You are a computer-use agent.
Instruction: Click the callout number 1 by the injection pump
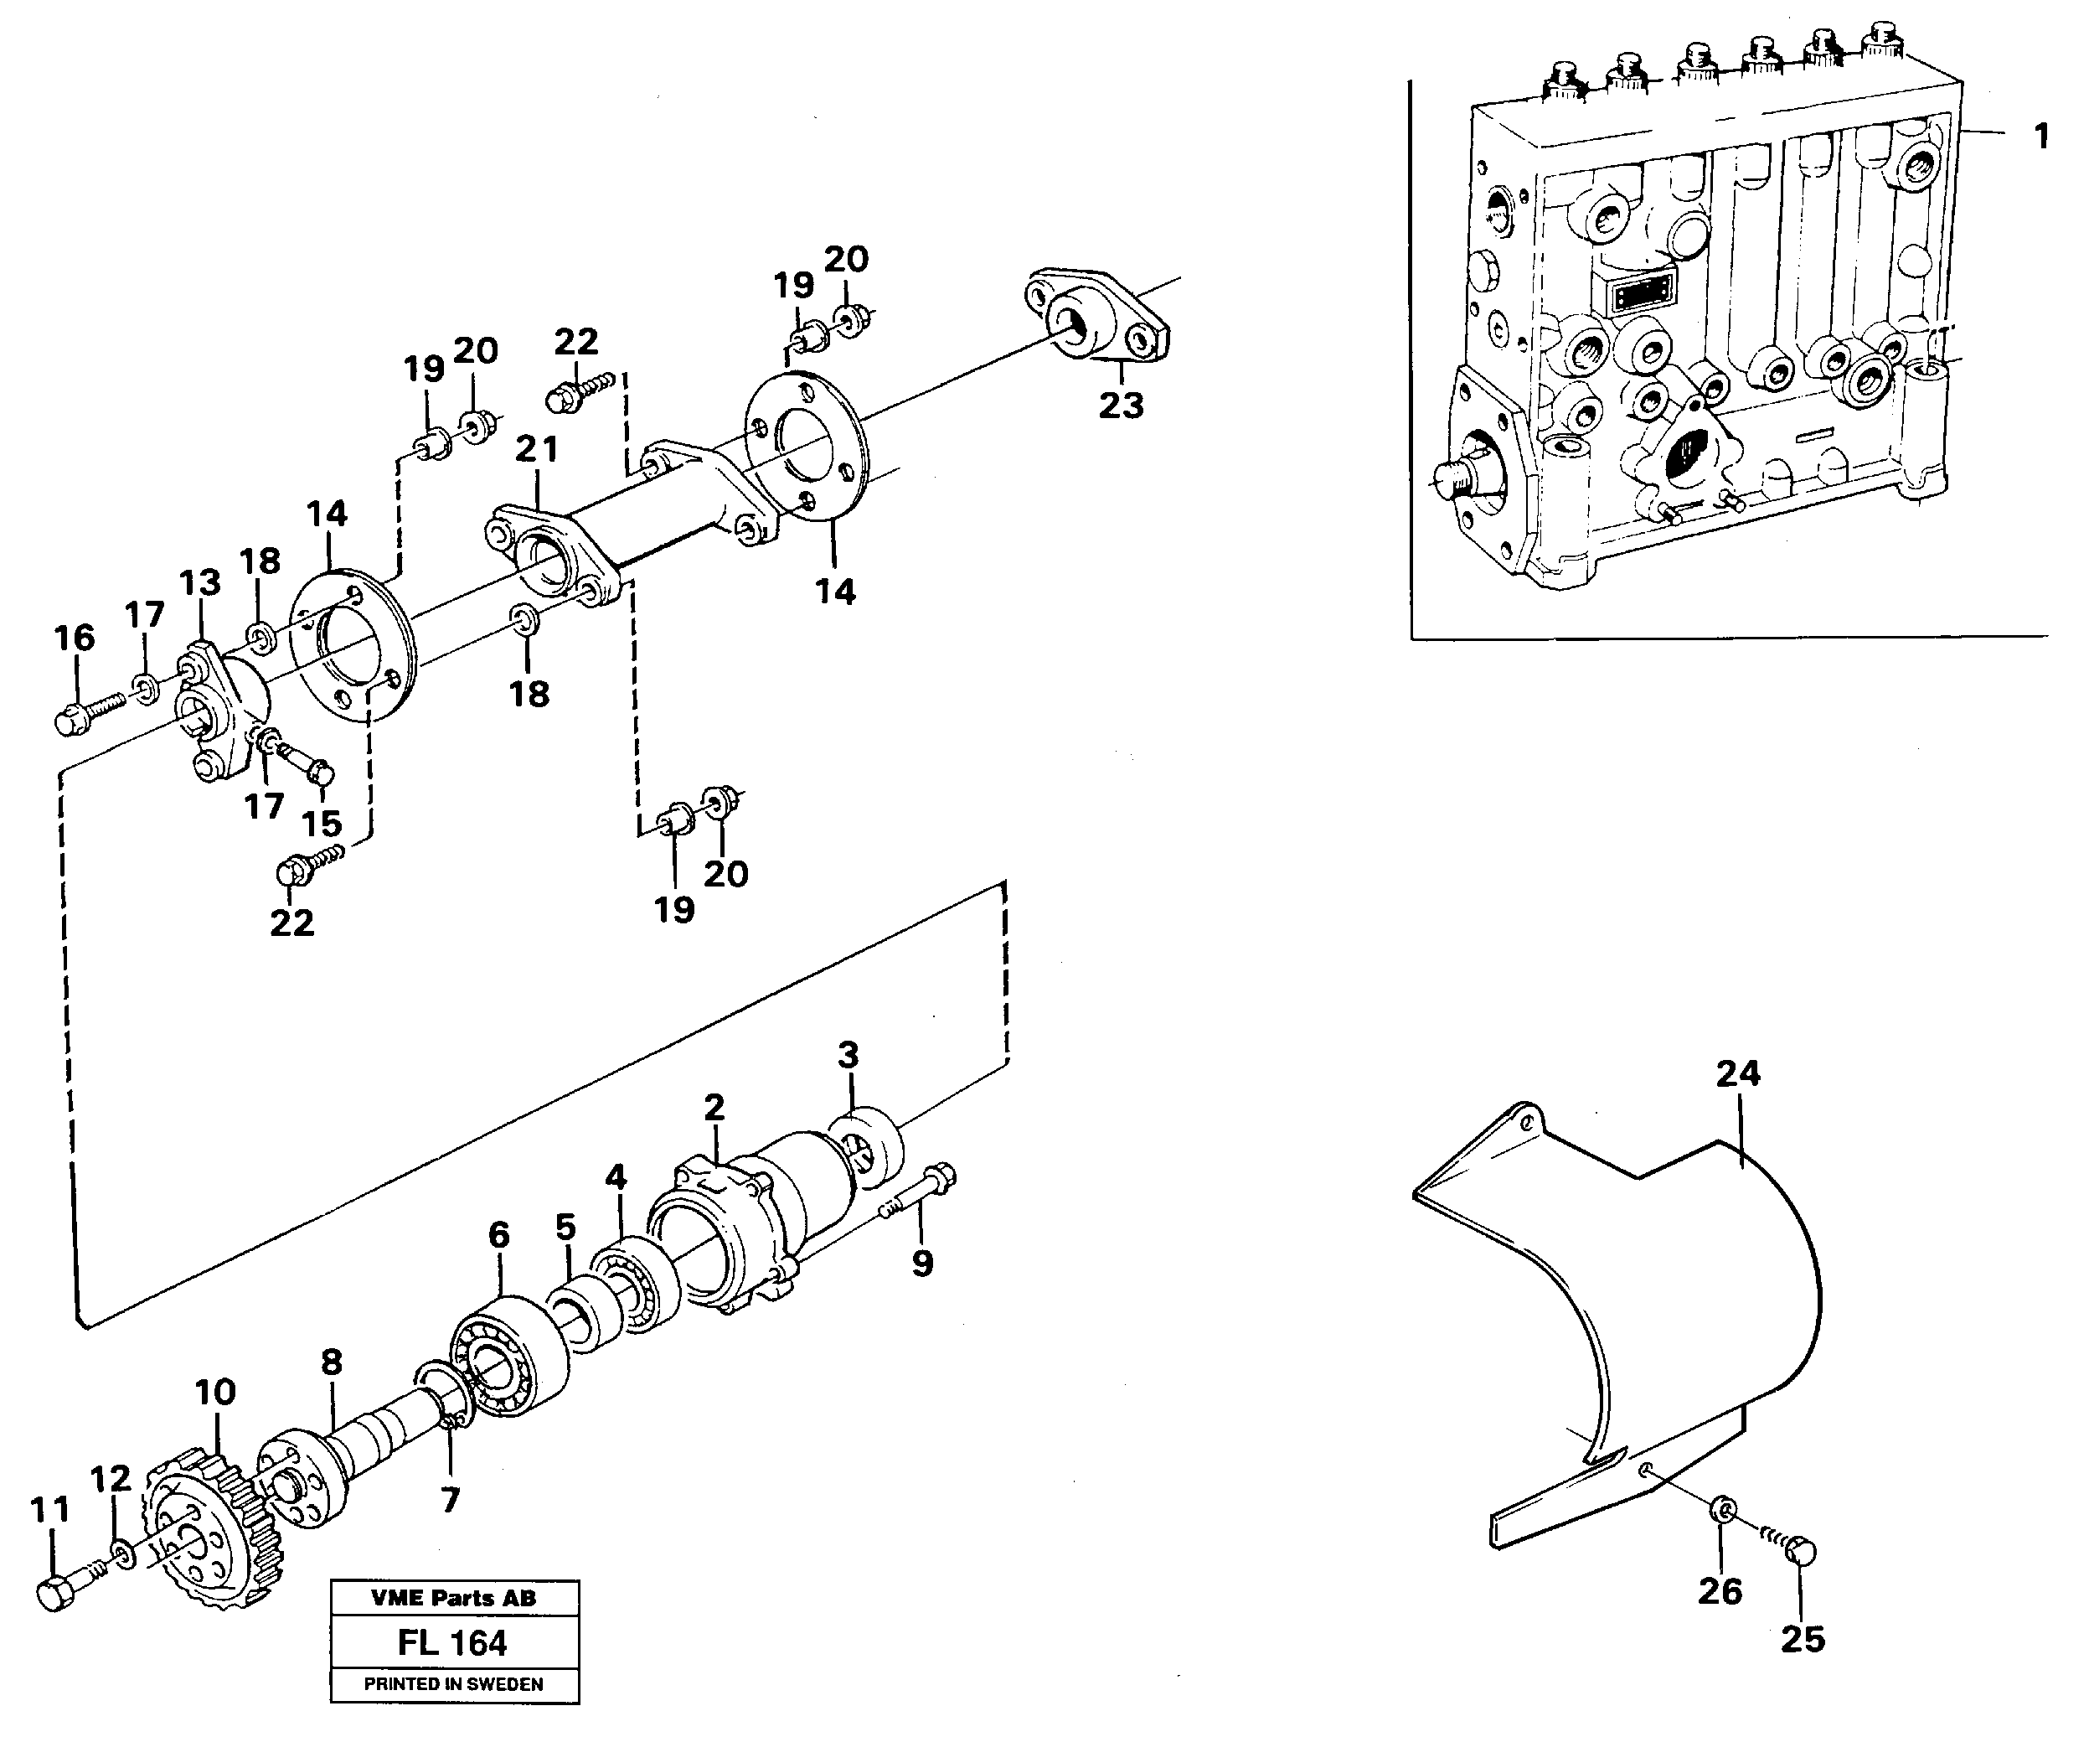[x=2040, y=137]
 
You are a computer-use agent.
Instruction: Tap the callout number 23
[x=1121, y=406]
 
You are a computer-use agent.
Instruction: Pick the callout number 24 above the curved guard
[x=1738, y=1073]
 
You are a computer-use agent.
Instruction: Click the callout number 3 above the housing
[x=848, y=1055]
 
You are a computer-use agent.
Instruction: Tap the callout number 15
[x=322, y=824]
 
